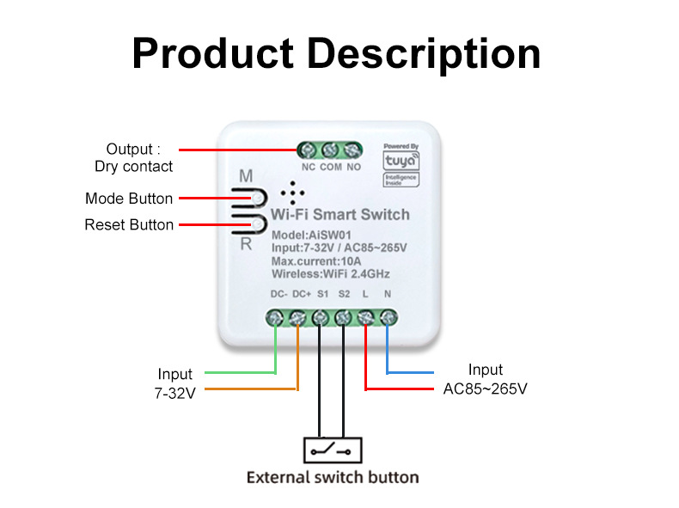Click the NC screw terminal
pos(308,150)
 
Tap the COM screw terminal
pos(330,150)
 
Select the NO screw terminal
pos(352,150)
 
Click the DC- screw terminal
pos(274,318)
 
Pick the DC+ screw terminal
pos(297,318)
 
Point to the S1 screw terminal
pos(321,318)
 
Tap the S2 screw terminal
pos(344,318)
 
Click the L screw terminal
pos(366,318)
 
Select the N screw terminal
pos(388,318)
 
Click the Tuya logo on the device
pos(401,161)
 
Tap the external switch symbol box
pos(333,450)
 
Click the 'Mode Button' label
pos(129,199)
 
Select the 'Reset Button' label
pos(129,224)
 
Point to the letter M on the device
pos(246,176)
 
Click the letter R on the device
pos(246,244)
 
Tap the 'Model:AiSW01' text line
pos(311,236)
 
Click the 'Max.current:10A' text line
pos(316,261)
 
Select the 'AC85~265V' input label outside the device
pos(485,389)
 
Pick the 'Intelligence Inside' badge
pos(401,180)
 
